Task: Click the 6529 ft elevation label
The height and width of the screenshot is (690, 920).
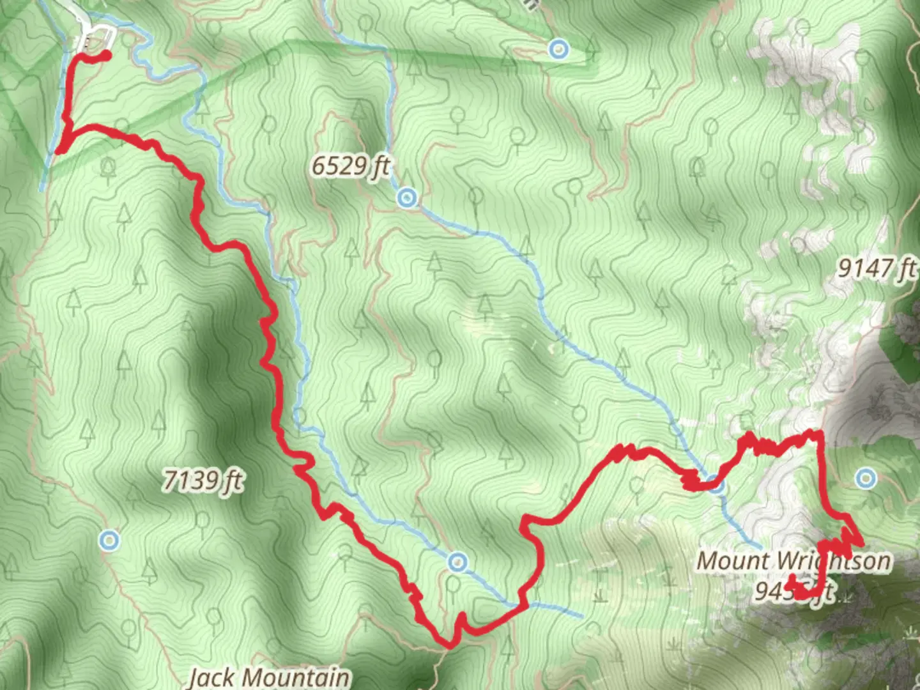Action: [x=350, y=166]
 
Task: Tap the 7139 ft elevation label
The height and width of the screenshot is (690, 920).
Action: [x=203, y=479]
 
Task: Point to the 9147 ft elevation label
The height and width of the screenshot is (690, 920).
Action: [x=877, y=268]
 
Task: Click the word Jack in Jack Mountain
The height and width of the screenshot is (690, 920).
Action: [x=211, y=677]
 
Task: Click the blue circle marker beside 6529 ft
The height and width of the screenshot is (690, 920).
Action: [x=406, y=198]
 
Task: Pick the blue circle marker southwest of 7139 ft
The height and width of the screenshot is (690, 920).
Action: [x=109, y=540]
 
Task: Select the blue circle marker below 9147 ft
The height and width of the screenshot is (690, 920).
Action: [x=866, y=477]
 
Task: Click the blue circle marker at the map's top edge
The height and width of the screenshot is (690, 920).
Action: [x=559, y=49]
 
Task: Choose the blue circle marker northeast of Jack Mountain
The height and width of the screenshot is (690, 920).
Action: [x=457, y=562]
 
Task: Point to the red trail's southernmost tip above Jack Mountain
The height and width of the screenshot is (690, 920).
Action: [x=449, y=645]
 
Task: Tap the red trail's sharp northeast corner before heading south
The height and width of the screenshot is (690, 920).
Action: [x=818, y=434]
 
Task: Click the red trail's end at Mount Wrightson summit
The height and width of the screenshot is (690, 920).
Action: [x=792, y=580]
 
